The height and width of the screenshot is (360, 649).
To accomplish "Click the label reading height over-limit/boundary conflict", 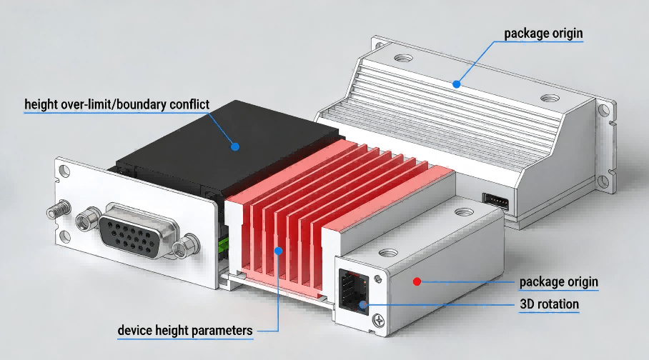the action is click(x=117, y=105).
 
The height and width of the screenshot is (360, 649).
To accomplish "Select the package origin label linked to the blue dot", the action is click(x=543, y=34).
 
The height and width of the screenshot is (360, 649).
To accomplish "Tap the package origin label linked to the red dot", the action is click(x=559, y=282).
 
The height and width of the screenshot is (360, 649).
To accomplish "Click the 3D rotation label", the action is click(x=549, y=304).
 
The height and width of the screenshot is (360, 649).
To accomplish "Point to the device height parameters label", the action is click(x=185, y=331).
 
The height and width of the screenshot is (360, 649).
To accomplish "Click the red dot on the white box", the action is click(x=417, y=282).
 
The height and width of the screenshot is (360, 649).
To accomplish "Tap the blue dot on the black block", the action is click(x=235, y=146).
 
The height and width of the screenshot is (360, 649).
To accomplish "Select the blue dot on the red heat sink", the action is click(x=279, y=251).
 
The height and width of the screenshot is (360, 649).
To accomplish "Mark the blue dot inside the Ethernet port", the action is click(x=363, y=305).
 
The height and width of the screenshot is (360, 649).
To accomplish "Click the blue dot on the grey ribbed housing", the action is click(x=457, y=84).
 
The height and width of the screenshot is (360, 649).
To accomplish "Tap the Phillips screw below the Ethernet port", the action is click(x=378, y=320).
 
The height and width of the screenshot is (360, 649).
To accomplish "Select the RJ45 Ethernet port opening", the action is click(x=354, y=291).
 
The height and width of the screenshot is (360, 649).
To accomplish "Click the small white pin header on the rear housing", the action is click(x=495, y=201).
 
